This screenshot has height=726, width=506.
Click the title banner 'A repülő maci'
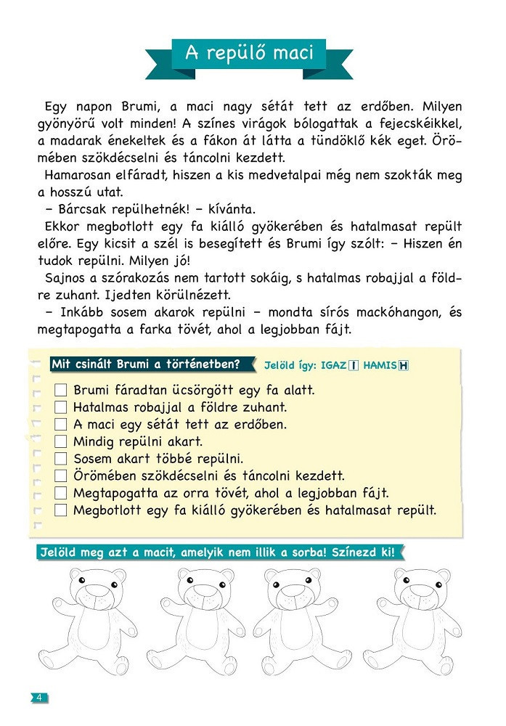click(249, 53)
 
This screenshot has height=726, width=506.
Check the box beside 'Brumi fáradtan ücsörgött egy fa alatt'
click(61, 391)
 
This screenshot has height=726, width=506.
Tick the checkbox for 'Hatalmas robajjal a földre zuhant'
click(61, 407)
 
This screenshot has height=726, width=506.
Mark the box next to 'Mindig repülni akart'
click(61, 441)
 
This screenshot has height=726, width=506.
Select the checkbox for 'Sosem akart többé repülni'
click(61, 459)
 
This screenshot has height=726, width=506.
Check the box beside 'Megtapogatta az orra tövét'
click(61, 493)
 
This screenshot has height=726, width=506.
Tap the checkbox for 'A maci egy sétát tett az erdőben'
click(61, 425)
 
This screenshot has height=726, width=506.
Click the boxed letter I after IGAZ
click(354, 365)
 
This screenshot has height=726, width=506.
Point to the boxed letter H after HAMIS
click(404, 365)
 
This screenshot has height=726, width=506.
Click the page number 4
click(38, 698)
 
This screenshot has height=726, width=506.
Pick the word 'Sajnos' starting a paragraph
click(65, 278)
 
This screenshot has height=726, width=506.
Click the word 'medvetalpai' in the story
click(312, 175)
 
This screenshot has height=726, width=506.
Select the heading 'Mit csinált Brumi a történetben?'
click(152, 364)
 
